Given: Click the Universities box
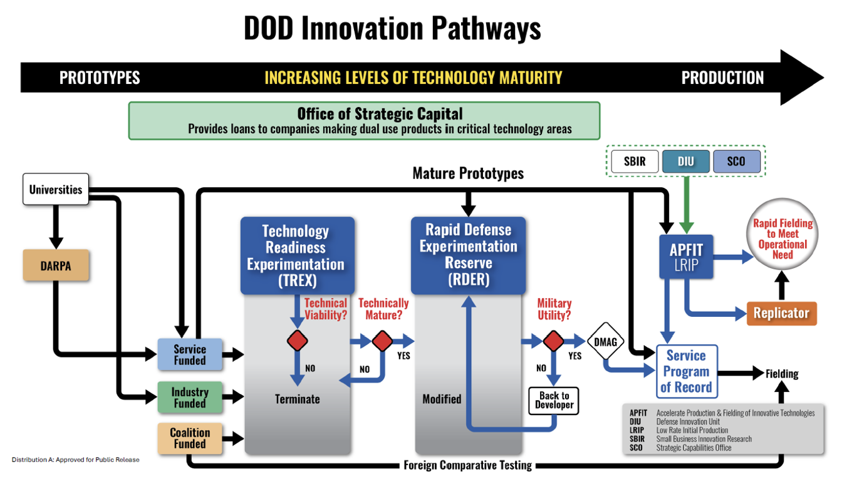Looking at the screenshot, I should point(56,189).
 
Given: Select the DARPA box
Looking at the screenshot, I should point(56,265).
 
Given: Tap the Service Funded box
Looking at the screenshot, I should point(190,354).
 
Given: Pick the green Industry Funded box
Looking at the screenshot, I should point(190,397).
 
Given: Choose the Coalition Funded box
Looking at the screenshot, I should point(190,438).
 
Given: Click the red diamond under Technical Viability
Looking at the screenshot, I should point(297,341).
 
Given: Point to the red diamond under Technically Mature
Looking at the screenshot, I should point(382,341).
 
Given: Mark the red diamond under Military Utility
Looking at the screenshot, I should point(553,341).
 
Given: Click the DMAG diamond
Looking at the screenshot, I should point(606,341).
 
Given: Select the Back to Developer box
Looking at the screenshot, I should point(554,400).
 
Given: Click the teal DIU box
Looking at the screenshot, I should point(685,162).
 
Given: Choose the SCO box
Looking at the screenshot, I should point(736,162).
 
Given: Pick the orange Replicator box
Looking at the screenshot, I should point(781,313).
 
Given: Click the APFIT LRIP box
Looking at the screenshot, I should point(686,257).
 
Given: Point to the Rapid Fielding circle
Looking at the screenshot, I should point(782,239).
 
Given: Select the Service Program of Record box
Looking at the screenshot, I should point(686,371).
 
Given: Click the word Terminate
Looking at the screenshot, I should point(297,399).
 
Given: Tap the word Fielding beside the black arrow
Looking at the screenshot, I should point(781,374).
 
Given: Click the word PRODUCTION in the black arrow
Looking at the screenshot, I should point(722,78).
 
